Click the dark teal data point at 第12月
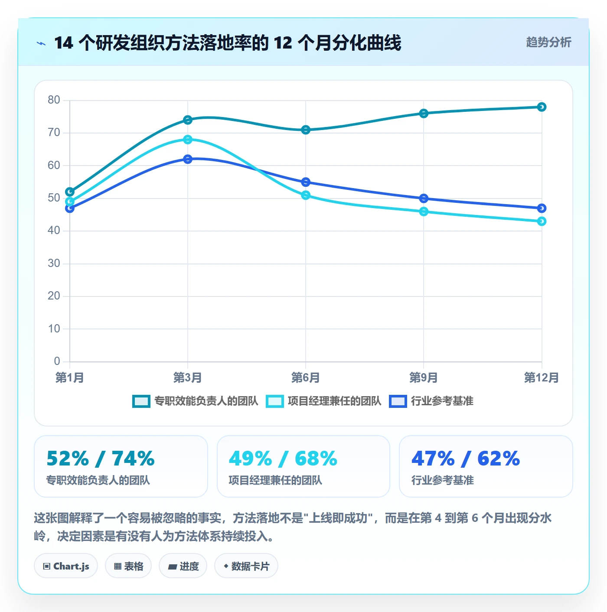pyautogui.click(x=542, y=107)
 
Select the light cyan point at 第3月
pyautogui.click(x=188, y=140)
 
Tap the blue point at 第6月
pyautogui.click(x=306, y=182)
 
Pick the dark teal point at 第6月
pyautogui.click(x=306, y=130)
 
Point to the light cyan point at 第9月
pyautogui.click(x=424, y=212)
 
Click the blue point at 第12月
pyautogui.click(x=542, y=208)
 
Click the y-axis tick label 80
pyautogui.click(x=54, y=100)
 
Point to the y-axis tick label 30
pyautogui.click(x=54, y=263)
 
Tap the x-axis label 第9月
pyautogui.click(x=424, y=378)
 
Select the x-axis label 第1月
pyautogui.click(x=70, y=378)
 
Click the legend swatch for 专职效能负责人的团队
pyautogui.click(x=141, y=401)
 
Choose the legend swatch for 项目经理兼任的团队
pyautogui.click(x=274, y=401)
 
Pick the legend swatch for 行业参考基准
pyautogui.click(x=398, y=401)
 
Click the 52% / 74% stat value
pyautogui.click(x=101, y=459)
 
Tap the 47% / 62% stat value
pyautogui.click(x=466, y=459)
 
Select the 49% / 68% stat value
pyautogui.click(x=283, y=459)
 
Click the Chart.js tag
pyautogui.click(x=66, y=566)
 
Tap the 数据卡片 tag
pyautogui.click(x=246, y=566)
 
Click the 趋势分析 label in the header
pyautogui.click(x=548, y=42)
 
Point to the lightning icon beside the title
pyautogui.click(x=41, y=43)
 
